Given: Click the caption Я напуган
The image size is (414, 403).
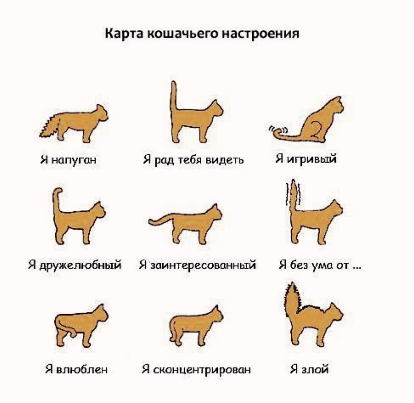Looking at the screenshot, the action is [68, 159].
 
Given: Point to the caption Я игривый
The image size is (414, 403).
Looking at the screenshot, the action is [306, 158].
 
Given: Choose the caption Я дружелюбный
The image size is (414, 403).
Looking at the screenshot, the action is [75, 264].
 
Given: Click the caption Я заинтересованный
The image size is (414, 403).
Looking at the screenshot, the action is [197, 264].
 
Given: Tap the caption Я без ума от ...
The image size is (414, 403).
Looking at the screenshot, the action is [320, 264].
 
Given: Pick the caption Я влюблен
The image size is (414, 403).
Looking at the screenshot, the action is [76, 369].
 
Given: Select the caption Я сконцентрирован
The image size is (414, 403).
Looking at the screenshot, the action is [196, 369].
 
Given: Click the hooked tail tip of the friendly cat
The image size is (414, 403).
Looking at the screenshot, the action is [58, 191].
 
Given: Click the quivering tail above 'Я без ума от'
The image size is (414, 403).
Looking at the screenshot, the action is [294, 196].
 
